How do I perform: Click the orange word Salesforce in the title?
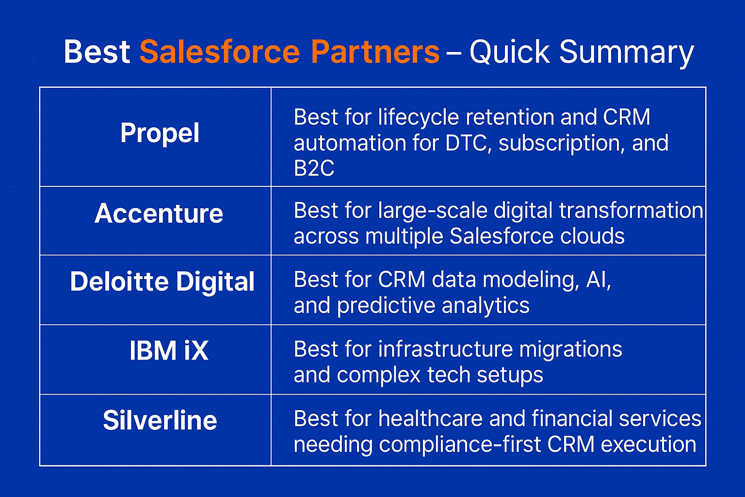click(x=220, y=51)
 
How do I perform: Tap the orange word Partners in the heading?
click(x=375, y=51)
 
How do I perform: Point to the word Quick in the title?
click(x=510, y=51)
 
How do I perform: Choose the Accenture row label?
click(x=159, y=214)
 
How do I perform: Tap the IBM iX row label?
click(x=169, y=350)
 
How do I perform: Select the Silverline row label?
click(x=160, y=420)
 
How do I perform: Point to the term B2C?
click(x=314, y=168)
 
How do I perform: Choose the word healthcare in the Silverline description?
click(x=430, y=418)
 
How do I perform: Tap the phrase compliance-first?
click(x=460, y=445)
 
